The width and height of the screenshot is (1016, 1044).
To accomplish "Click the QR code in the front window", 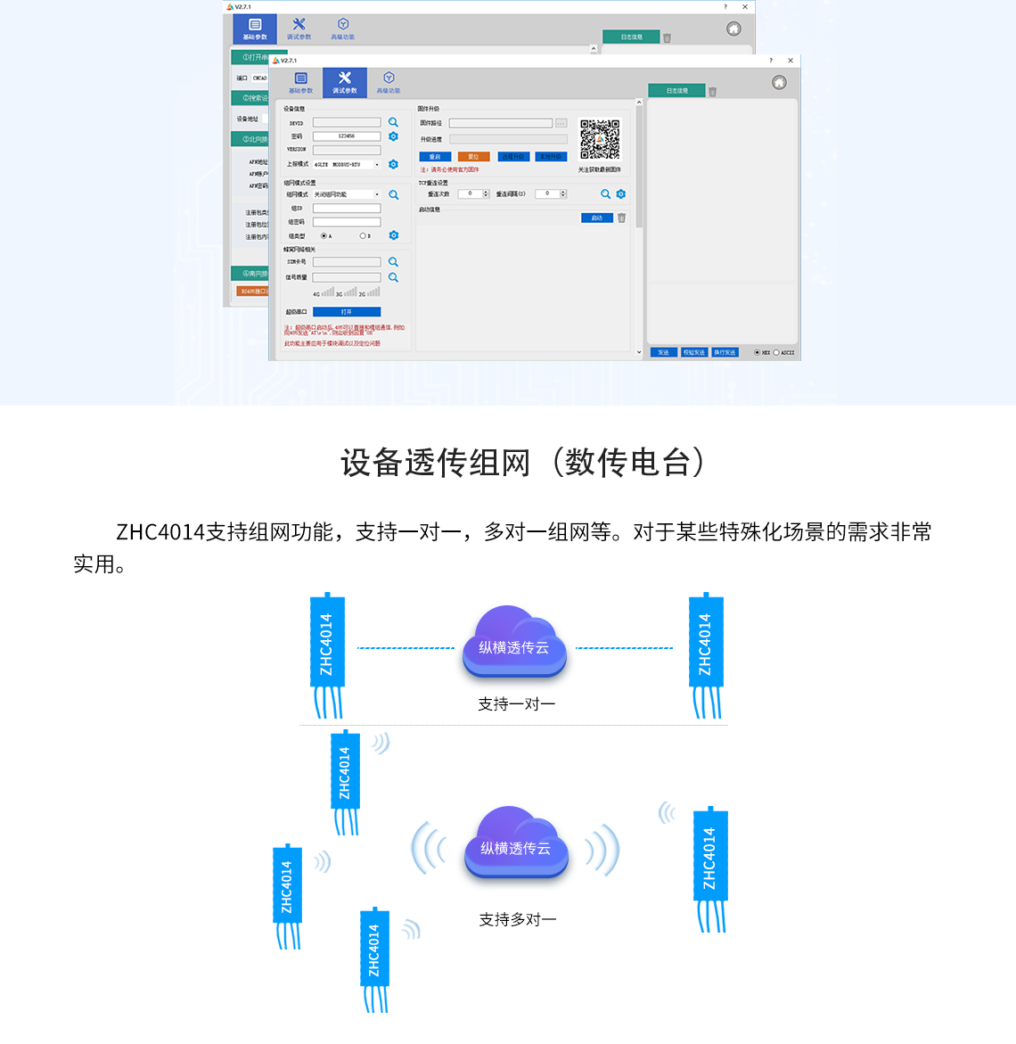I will tap(600, 139).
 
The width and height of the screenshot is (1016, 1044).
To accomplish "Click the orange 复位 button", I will tap(473, 157).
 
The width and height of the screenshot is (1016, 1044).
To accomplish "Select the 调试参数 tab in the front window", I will tap(345, 83).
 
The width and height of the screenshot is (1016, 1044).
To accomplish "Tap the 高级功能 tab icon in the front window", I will tap(389, 78).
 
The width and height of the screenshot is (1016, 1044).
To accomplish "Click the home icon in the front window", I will tap(779, 83).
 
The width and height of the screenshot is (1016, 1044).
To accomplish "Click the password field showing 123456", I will tap(347, 136).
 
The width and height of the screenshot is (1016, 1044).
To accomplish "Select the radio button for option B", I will tap(363, 236).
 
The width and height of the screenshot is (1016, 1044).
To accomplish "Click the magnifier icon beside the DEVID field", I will tap(393, 122).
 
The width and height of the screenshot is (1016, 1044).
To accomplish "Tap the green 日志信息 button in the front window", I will tap(677, 91).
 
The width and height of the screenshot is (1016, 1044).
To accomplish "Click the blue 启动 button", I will tap(596, 218).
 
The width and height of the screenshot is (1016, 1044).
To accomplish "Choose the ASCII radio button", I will tap(776, 353).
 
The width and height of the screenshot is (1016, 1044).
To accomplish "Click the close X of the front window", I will tap(791, 61).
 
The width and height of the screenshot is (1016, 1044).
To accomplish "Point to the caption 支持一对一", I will tap(517, 704).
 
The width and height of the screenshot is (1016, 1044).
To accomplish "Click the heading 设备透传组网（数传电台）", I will tap(523, 463).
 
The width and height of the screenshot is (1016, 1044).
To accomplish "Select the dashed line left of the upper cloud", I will tap(406, 648).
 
